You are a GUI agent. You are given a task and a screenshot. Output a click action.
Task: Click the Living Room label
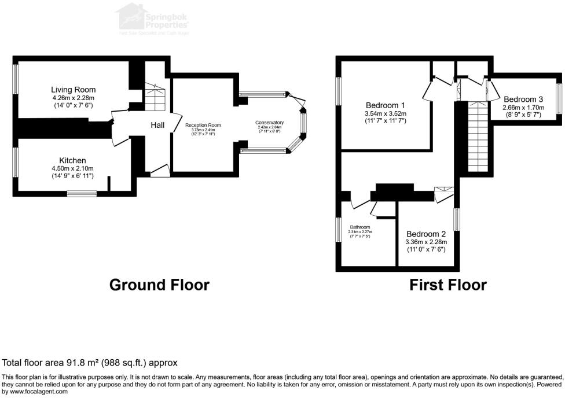pos(73,90)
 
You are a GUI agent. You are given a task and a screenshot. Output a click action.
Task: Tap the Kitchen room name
pos(72,160)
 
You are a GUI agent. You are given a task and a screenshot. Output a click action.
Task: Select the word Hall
pos(158,125)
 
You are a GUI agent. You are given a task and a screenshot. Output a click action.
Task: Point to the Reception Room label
pos(203,125)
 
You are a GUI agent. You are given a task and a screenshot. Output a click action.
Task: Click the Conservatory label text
pos(270,123)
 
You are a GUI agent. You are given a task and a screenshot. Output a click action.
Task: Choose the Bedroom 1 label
pos(386,105)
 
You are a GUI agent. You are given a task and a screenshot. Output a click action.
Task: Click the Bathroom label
pos(359,227)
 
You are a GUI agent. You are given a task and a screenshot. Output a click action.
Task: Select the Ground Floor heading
pos(159,285)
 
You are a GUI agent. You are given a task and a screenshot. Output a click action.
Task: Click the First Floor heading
pos(447,285)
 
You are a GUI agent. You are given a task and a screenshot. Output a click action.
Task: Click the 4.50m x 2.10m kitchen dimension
pos(72,168)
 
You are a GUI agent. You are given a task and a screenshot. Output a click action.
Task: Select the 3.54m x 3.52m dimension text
pos(386,113)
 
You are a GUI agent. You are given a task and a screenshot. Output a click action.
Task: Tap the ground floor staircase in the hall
pos(155,97)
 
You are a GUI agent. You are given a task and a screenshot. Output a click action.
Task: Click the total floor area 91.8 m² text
pos(90,363)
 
